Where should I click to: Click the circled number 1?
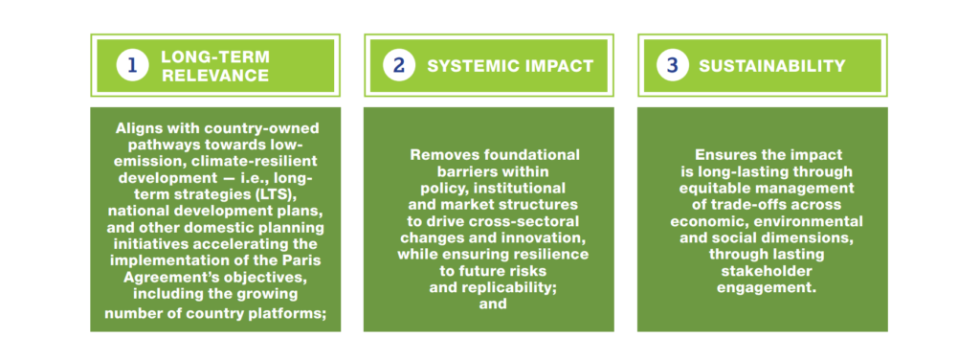[x=132, y=66]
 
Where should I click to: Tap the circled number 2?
[x=399, y=66]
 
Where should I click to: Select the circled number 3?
[x=673, y=66]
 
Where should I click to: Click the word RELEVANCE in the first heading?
[x=215, y=77]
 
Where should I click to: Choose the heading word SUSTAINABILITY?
[x=772, y=66]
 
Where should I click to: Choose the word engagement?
[x=767, y=289]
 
